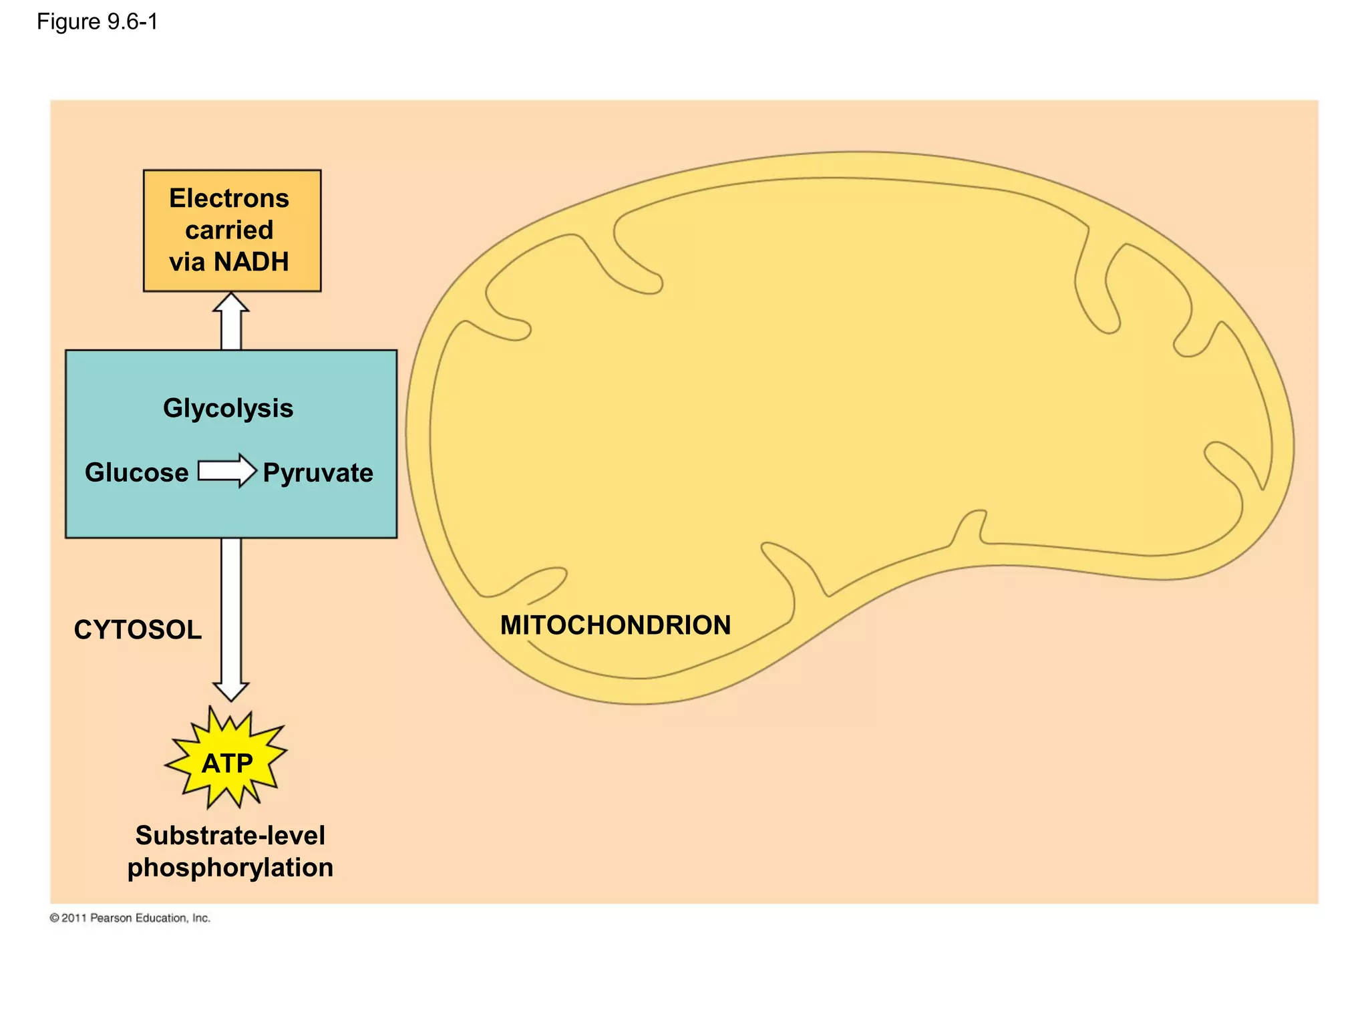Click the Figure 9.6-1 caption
click(97, 22)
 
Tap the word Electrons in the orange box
click(229, 198)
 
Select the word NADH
click(250, 262)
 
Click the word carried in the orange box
click(229, 230)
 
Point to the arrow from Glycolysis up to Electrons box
click(231, 324)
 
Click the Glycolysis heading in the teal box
click(228, 408)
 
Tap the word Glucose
click(137, 472)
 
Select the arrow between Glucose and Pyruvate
click(227, 471)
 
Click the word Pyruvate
click(318, 473)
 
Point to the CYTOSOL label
click(138, 630)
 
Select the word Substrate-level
click(230, 835)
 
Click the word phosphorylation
click(230, 868)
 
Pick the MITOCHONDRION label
click(615, 625)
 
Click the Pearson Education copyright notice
click(130, 918)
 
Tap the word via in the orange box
click(187, 262)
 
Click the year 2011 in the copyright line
click(74, 918)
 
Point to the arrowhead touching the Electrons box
click(231, 303)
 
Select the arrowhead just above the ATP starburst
click(231, 691)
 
